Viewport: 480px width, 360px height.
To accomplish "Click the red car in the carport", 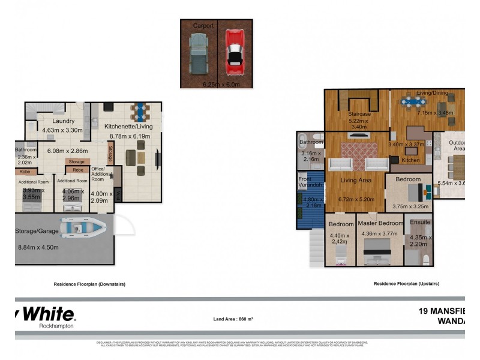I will [235, 50].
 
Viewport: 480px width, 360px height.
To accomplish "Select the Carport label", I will [203, 26].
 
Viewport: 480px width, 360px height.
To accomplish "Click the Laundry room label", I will [63, 121].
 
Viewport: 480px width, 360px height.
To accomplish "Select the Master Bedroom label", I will [380, 223].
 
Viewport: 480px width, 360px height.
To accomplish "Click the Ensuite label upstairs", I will [419, 223].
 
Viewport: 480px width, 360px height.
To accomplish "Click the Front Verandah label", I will [311, 182].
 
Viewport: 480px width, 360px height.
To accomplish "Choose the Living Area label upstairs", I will [356, 180].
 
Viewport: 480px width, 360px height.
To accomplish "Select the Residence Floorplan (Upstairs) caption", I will [406, 284].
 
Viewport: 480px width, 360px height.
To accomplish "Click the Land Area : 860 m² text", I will [233, 319].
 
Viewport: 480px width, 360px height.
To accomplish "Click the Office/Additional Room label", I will [98, 174].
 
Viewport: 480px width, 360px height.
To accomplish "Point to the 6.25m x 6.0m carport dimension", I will [216, 85].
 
